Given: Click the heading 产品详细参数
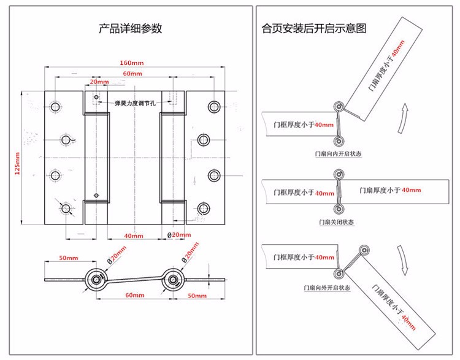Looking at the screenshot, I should point(131,29).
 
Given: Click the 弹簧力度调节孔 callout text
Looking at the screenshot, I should point(135,103).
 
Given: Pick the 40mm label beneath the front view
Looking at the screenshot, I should point(134,236).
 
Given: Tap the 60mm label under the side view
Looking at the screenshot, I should point(134,295).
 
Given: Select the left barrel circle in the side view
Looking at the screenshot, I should point(97,281).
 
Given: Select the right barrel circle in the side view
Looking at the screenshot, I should point(172,281).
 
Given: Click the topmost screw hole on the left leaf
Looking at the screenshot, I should point(56,107).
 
